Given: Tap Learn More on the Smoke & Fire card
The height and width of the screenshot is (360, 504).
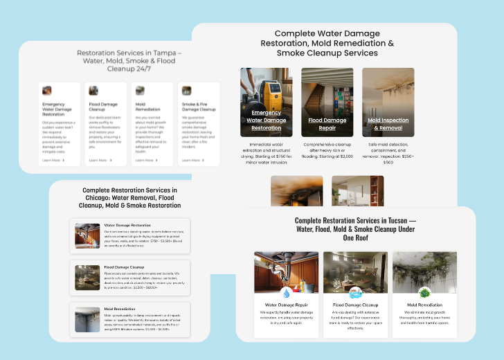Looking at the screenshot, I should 192,160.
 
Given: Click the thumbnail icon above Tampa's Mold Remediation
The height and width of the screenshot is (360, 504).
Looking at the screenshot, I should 140,91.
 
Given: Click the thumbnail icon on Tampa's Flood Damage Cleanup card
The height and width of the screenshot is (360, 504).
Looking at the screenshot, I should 93,91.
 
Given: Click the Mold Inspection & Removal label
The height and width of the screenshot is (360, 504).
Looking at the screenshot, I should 388,124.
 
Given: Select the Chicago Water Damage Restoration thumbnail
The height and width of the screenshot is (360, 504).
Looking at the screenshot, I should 87,235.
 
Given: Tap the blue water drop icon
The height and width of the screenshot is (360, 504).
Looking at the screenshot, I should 285,293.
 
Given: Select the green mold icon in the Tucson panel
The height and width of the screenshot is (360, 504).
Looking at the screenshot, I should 424,293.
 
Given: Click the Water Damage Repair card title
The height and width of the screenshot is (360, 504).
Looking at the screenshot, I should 285,305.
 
